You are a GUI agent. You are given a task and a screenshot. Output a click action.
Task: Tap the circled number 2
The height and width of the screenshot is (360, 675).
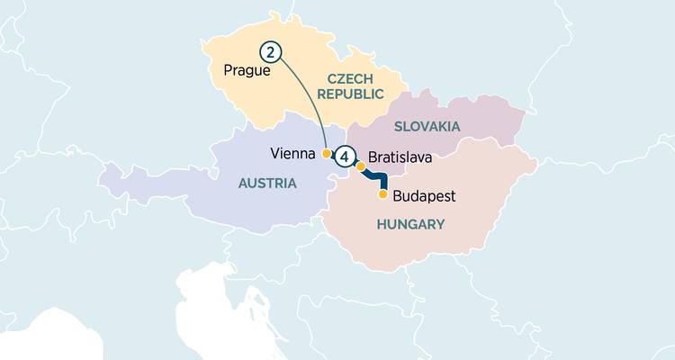click(269, 52)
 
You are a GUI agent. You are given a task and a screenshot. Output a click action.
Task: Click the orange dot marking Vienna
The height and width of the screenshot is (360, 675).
click(326, 154)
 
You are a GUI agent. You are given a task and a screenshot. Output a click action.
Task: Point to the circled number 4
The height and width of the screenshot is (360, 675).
click(345, 157)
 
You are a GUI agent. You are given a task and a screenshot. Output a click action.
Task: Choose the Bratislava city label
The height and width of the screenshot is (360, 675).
click(400, 157)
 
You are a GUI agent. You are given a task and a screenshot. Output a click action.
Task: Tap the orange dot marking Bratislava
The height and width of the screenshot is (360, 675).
click(361, 166)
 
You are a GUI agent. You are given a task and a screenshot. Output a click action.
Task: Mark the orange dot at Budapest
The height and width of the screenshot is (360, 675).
click(383, 194)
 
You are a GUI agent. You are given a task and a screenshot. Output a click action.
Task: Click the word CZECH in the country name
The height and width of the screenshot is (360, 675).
click(349, 79)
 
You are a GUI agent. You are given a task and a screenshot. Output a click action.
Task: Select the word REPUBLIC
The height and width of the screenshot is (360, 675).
click(349, 94)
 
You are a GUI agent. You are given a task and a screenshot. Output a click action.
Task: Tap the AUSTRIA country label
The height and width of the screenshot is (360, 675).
click(266, 183)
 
